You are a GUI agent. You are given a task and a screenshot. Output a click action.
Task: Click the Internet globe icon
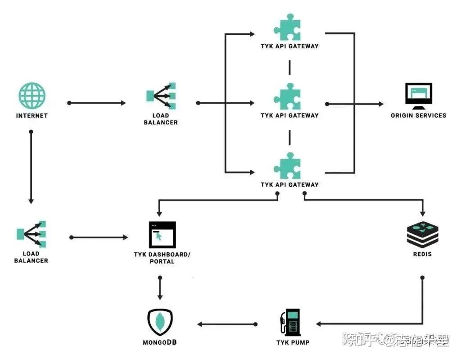tap(32, 96)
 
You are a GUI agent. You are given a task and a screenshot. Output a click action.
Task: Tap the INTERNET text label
tap(32, 116)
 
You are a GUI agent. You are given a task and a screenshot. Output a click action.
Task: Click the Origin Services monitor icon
tap(418, 96)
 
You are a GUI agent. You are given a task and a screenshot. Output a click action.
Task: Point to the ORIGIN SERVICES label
tap(418, 116)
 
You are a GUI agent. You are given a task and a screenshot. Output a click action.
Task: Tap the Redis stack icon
tap(422, 234)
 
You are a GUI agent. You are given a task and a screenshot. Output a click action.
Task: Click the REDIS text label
tap(422, 254)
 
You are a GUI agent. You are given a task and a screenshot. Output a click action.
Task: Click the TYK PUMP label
tap(293, 343)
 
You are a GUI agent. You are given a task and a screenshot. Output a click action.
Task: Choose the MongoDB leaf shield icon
tap(160, 322)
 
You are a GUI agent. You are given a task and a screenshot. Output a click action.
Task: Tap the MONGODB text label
tap(160, 343)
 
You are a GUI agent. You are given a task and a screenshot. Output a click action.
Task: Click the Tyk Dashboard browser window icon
tap(162, 234)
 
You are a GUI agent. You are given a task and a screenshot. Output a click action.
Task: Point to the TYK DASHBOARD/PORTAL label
tap(162, 258)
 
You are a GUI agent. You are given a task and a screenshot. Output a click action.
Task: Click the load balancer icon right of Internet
tap(161, 96)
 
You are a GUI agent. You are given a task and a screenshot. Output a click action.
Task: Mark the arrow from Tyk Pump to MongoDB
tap(227, 324)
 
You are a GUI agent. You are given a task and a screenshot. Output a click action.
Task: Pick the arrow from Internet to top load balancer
tap(97, 103)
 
